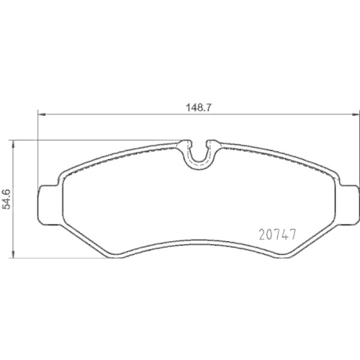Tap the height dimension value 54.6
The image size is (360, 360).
7,195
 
